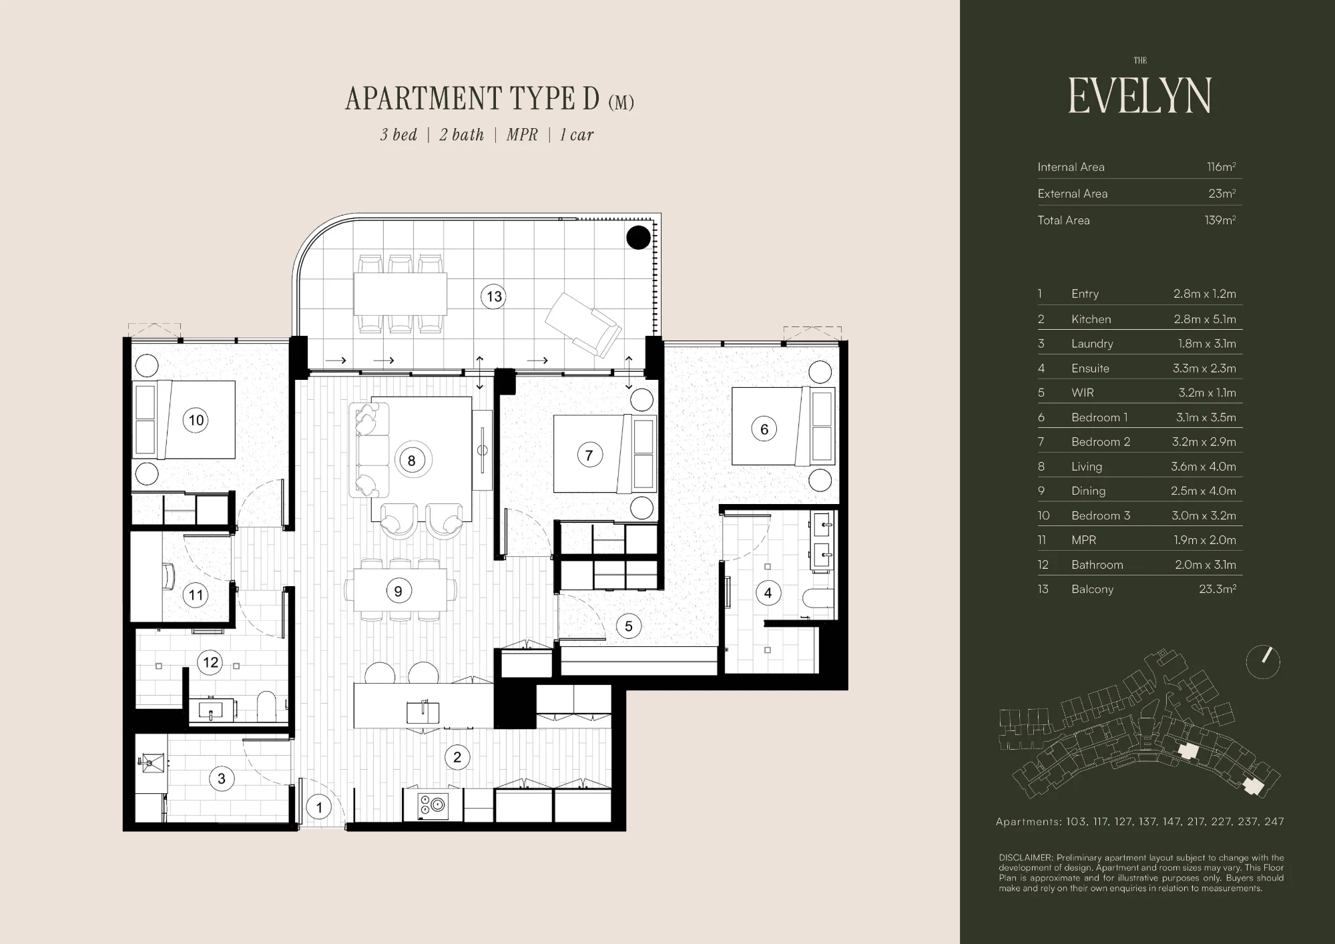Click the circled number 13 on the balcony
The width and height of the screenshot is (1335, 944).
pyautogui.click(x=494, y=296)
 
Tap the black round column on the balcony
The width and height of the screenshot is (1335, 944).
pyautogui.click(x=639, y=238)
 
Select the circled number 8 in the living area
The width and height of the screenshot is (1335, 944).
pyautogui.click(x=412, y=460)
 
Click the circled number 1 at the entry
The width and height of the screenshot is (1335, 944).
pyautogui.click(x=319, y=808)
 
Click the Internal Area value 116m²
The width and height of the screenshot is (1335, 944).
pyautogui.click(x=1221, y=167)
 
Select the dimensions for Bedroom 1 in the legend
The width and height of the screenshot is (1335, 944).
pyautogui.click(x=1206, y=417)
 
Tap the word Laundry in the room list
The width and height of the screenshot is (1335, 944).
pyautogui.click(x=1092, y=344)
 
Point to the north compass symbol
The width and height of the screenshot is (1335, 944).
pyautogui.click(x=1263, y=662)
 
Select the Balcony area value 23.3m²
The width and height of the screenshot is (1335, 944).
pyautogui.click(x=1218, y=589)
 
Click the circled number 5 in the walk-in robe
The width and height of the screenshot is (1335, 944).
pyautogui.click(x=628, y=626)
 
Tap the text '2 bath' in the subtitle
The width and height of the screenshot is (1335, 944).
pyautogui.click(x=461, y=135)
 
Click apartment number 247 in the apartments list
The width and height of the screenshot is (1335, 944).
pyautogui.click(x=1274, y=822)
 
